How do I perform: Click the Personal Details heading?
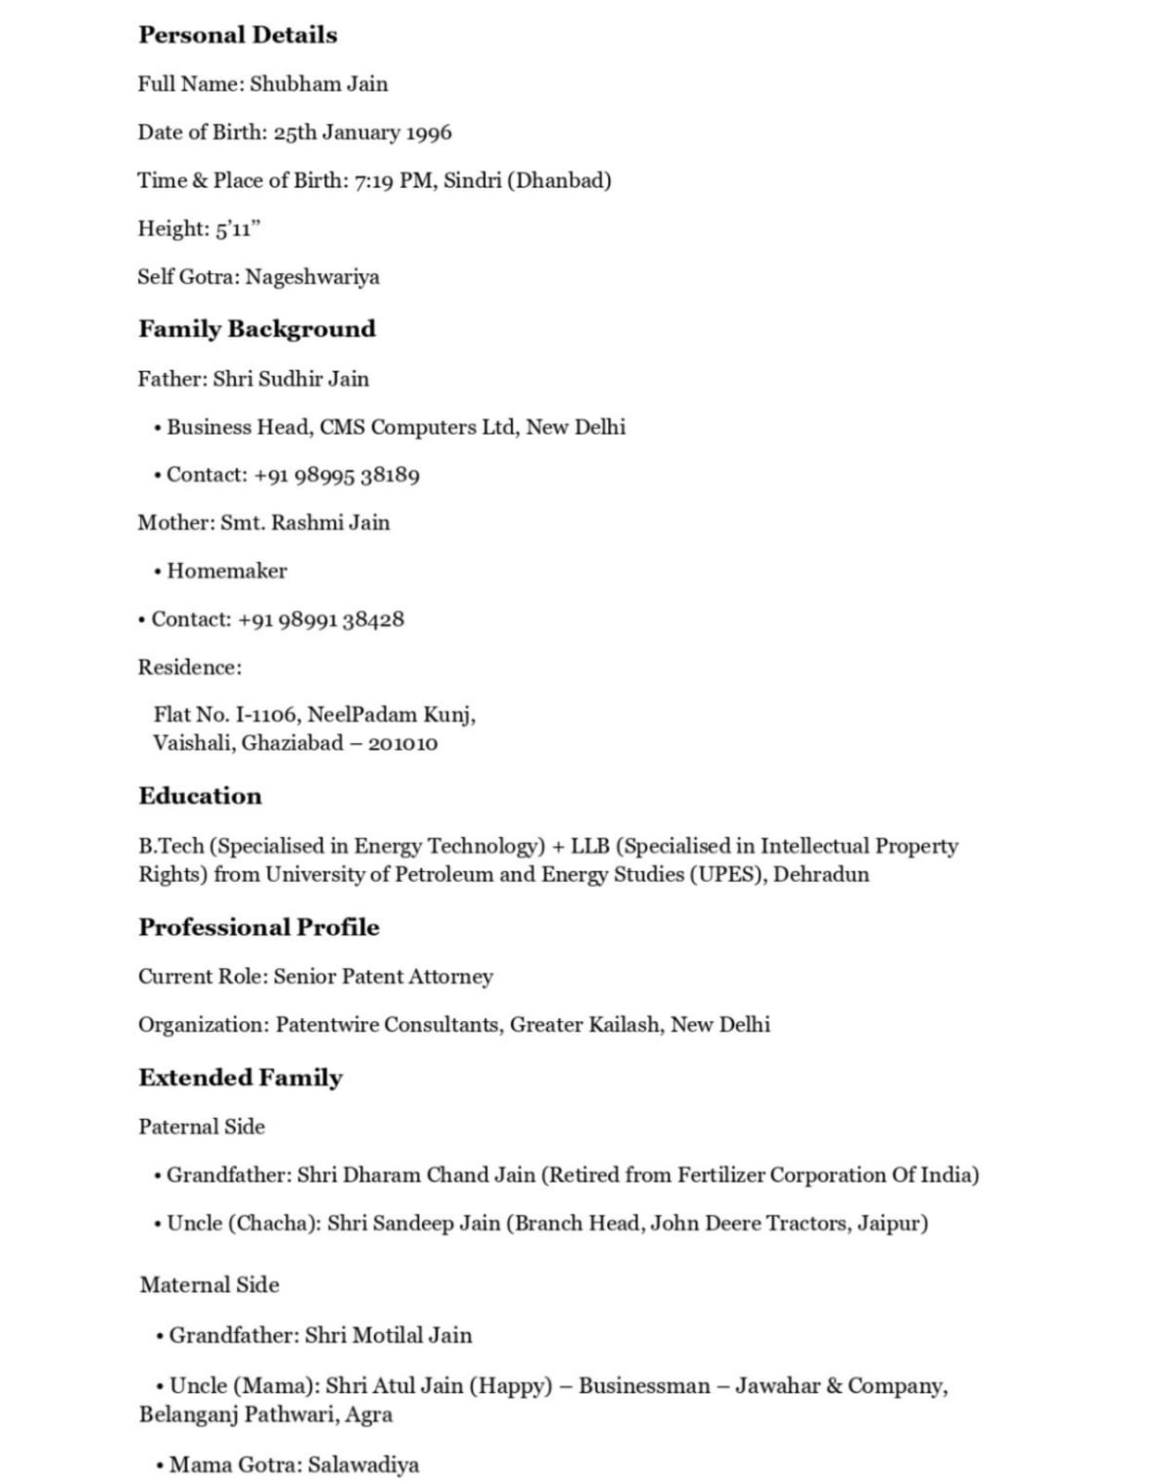pos(238,35)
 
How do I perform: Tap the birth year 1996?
pos(429,132)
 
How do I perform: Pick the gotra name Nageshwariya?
pos(312,277)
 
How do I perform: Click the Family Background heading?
pos(256,329)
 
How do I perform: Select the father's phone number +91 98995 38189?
pos(336,475)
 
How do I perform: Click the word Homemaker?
pos(227,571)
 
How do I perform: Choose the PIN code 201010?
pos(403,743)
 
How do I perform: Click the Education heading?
pos(200,796)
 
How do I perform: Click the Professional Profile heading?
pos(258,927)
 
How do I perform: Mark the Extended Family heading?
pos(241,1077)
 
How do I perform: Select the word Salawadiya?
pos(364,1464)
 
